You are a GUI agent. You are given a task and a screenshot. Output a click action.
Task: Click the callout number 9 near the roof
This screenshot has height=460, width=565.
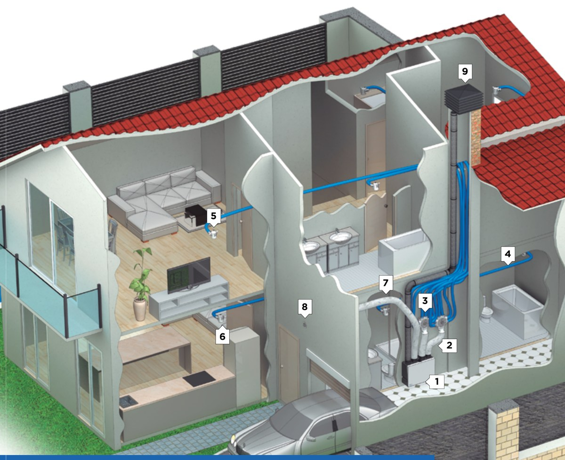[x=465, y=72]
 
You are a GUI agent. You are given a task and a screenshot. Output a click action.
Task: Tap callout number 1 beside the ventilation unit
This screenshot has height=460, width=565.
[x=436, y=382]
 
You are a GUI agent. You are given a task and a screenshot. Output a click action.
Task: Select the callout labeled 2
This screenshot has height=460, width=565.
[x=448, y=346]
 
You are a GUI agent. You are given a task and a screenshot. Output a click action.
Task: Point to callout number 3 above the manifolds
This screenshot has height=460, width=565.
[x=425, y=301]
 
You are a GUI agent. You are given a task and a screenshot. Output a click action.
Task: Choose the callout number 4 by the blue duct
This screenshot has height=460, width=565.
[x=508, y=254]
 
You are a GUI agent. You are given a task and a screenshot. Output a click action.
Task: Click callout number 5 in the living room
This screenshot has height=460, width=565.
[x=214, y=217]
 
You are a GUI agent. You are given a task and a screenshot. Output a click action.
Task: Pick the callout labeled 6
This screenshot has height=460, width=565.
[x=222, y=336]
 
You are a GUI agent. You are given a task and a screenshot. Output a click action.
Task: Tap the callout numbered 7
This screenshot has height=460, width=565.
[x=386, y=283]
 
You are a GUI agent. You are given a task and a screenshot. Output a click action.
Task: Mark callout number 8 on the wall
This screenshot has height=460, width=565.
[x=305, y=307]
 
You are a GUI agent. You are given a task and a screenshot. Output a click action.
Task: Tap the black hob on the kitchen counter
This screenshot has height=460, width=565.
[x=197, y=379]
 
